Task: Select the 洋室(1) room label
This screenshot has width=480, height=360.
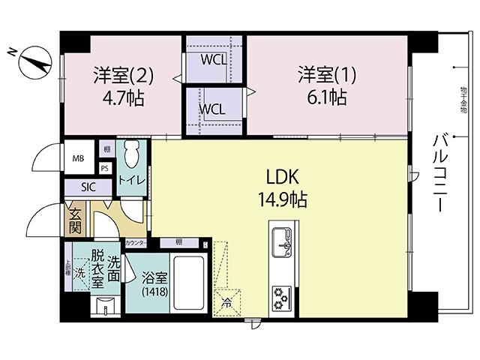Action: [322, 75]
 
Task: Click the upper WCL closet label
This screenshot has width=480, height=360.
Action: [213, 58]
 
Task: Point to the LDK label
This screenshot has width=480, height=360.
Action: [283, 178]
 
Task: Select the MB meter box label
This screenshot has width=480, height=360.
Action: [78, 159]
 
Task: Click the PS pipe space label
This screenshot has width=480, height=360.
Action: [105, 169]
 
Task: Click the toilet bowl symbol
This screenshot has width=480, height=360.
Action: [132, 156]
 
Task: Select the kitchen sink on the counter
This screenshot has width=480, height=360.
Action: [283, 240]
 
